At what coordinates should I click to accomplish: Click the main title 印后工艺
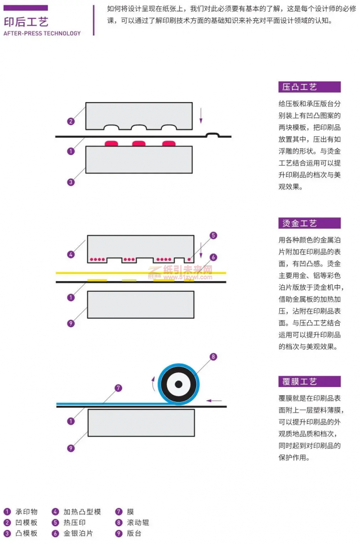(26, 22)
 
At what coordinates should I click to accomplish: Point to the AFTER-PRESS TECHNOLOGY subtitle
(42, 33)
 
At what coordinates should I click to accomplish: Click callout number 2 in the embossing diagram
(71, 121)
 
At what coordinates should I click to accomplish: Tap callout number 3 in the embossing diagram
(71, 182)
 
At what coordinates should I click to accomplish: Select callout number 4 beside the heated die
(71, 255)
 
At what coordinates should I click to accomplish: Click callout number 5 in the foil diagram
(213, 235)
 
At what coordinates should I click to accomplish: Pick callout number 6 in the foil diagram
(213, 257)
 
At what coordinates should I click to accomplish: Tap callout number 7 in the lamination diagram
(118, 388)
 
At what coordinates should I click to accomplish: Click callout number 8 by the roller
(213, 357)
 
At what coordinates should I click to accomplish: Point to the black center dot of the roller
(179, 384)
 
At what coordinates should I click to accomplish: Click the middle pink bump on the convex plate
(139, 143)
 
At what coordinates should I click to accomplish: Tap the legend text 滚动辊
(139, 523)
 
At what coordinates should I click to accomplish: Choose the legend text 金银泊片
(78, 533)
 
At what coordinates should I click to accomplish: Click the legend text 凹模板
(27, 523)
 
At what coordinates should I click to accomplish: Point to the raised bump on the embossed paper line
(212, 134)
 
